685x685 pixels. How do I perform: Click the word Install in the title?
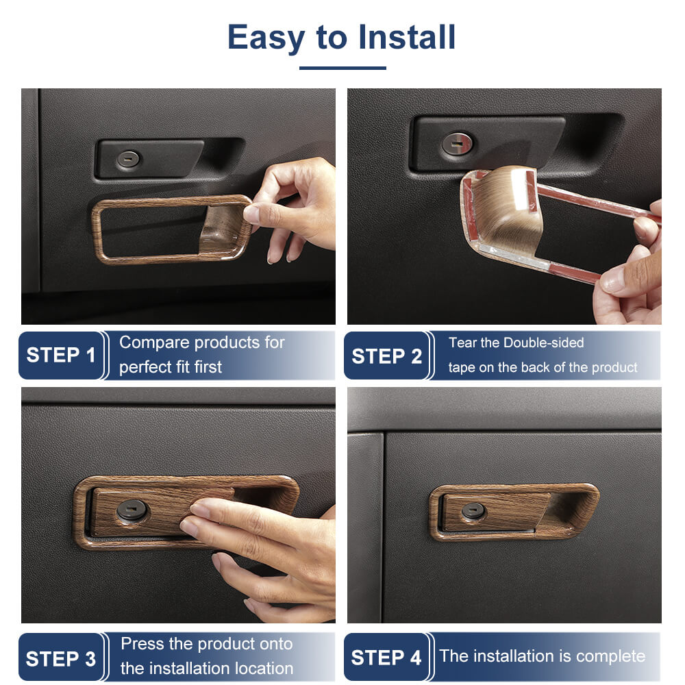click(x=407, y=37)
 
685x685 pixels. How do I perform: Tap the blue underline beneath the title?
click(x=342, y=68)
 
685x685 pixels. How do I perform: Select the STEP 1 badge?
click(x=61, y=355)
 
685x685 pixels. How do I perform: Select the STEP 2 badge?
click(x=386, y=356)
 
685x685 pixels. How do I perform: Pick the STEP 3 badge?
click(x=61, y=658)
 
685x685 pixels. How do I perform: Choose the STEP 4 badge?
click(x=386, y=657)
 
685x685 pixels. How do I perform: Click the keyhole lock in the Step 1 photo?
click(x=128, y=160)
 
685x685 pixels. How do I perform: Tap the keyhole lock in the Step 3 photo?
click(x=132, y=510)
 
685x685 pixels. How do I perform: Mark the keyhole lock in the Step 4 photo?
click(x=473, y=511)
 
